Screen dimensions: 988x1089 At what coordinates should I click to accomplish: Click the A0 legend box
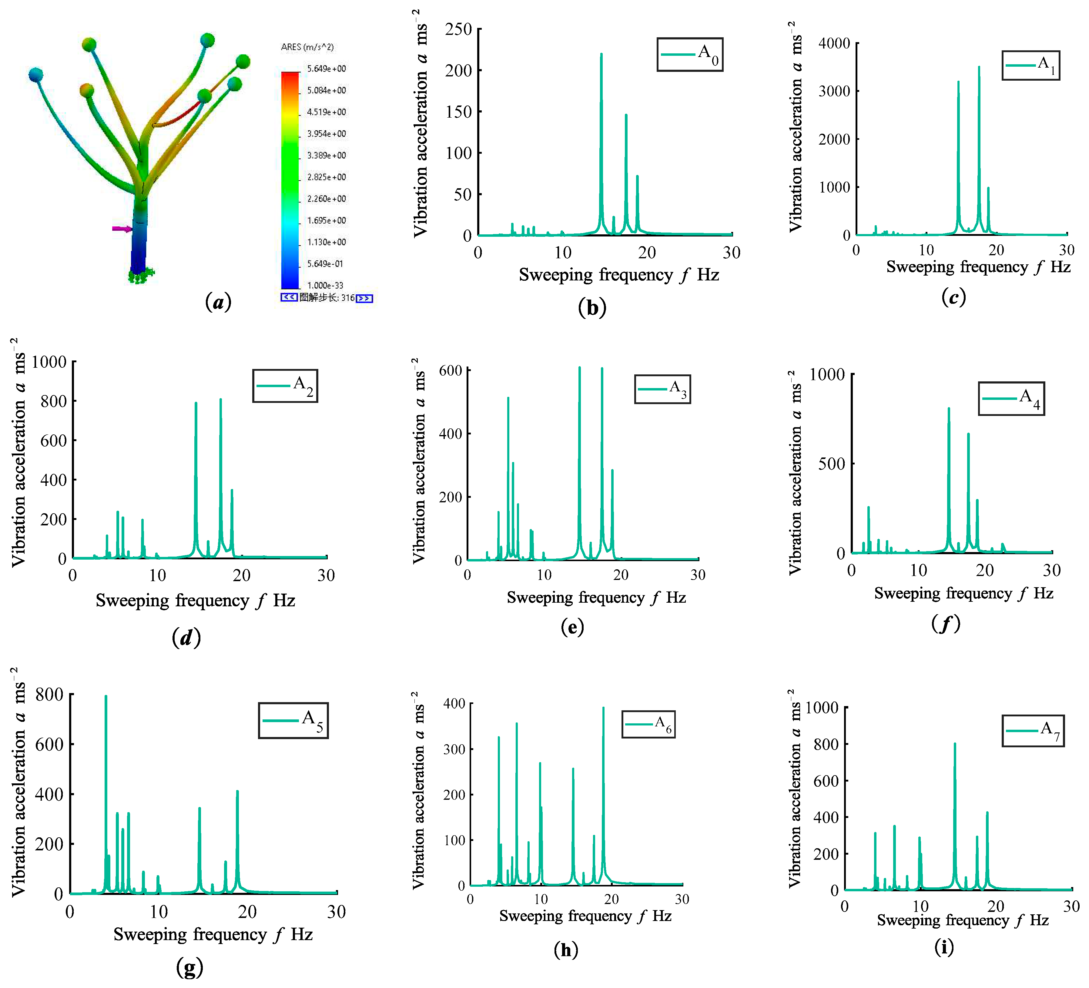click(690, 55)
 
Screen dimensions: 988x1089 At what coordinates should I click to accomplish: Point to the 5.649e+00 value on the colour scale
click(326, 69)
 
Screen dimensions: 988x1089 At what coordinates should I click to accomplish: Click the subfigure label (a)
click(218, 301)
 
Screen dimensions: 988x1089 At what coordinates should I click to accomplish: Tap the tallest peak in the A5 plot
click(106, 697)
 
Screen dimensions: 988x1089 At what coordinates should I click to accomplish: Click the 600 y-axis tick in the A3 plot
click(451, 370)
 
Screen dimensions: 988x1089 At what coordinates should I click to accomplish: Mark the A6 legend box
click(648, 724)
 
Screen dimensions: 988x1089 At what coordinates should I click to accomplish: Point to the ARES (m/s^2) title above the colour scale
click(307, 47)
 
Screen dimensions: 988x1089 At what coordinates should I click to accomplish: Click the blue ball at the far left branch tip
click(36, 75)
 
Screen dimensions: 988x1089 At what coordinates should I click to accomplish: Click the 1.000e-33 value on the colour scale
click(325, 285)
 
